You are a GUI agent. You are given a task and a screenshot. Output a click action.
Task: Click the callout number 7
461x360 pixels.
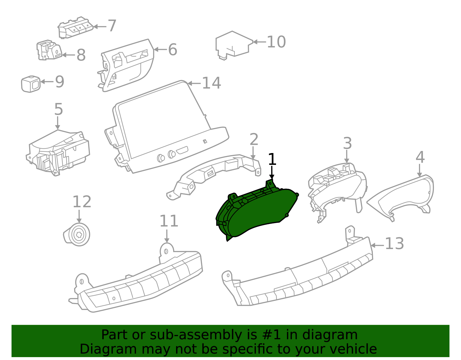point(112,26)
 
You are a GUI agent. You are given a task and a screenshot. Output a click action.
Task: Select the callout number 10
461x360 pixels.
point(276,42)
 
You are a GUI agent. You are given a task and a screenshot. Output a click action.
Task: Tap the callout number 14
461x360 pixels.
point(211,83)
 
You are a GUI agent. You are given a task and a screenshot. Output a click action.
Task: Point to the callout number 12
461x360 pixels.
point(82,202)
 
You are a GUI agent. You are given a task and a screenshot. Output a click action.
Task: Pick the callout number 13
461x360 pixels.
point(394,244)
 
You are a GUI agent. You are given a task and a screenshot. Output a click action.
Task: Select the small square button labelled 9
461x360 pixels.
point(31,84)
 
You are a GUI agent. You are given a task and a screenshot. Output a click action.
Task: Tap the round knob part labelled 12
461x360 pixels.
point(77,234)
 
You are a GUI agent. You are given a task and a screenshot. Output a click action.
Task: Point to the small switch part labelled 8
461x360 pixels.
point(49,50)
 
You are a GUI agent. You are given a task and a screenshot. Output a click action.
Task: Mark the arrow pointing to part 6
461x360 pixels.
point(160,50)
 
